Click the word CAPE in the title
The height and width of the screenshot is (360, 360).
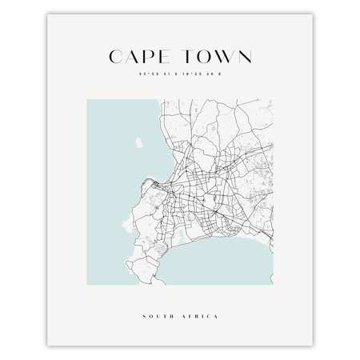pos(141,57)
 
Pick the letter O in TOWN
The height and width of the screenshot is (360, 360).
pos(203,57)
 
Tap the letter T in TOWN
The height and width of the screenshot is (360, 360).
pos(187,57)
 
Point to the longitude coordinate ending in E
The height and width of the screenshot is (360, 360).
pos(199,76)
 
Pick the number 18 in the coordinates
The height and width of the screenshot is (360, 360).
pos(185,76)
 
